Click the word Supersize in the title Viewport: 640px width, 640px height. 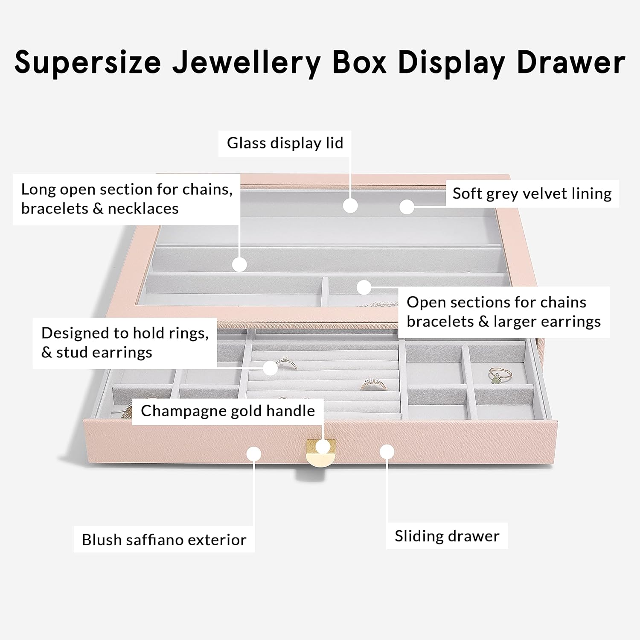[88, 63]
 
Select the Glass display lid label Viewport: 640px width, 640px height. [285, 143]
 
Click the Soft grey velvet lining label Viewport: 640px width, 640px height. [532, 193]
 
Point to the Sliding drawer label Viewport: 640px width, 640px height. [447, 536]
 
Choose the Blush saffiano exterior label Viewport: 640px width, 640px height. [164, 540]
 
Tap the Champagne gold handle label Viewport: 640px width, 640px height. [228, 411]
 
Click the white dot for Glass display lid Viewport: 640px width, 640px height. [350, 205]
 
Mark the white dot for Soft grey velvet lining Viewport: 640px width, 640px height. [407, 207]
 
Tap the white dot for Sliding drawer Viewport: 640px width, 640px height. [387, 452]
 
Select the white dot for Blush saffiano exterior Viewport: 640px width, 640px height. [254, 453]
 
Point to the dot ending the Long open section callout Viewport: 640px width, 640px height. [240, 265]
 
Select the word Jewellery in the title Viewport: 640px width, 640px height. [246, 63]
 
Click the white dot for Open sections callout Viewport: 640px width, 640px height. [364, 287]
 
